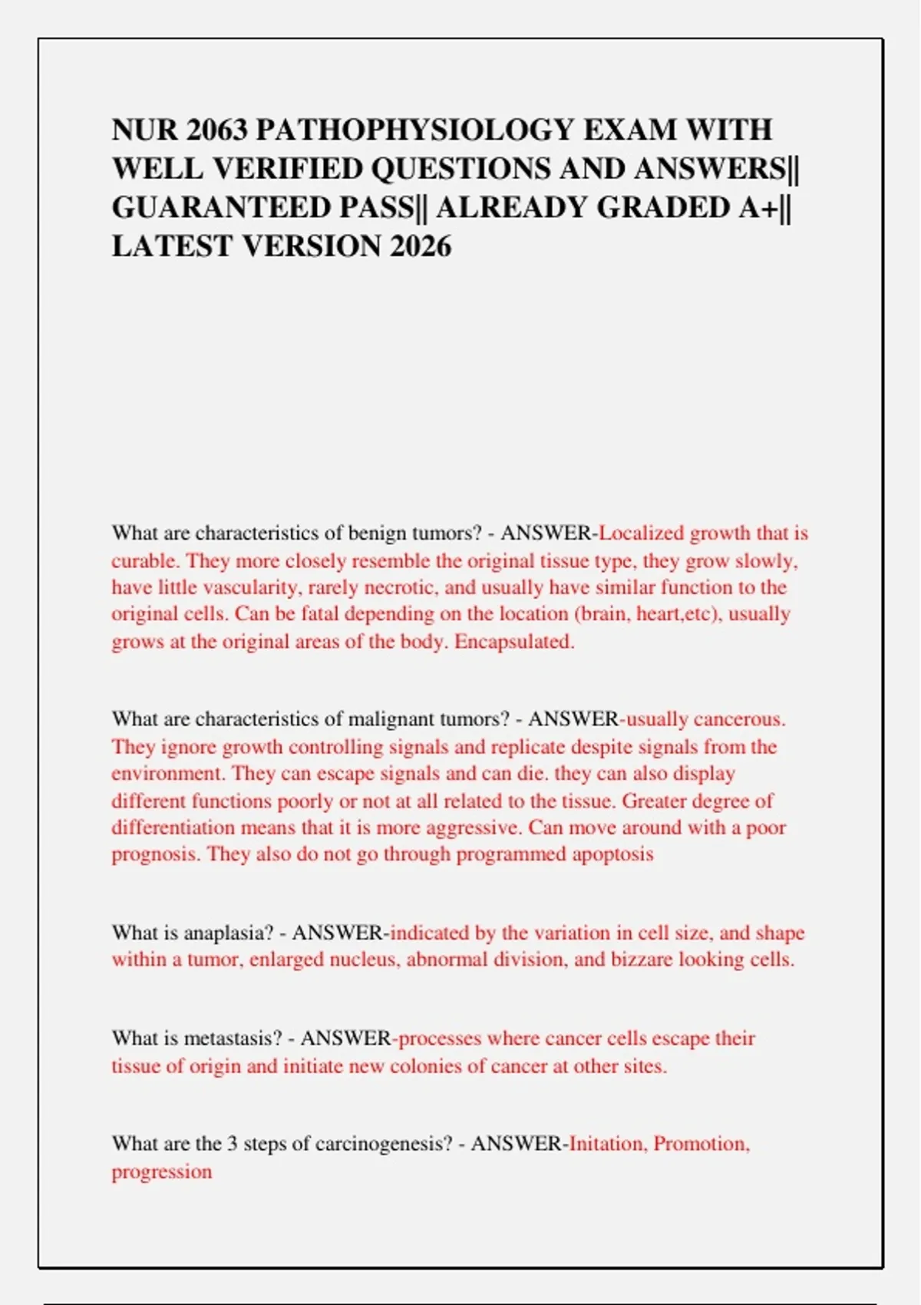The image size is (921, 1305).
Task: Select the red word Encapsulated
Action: pos(514,641)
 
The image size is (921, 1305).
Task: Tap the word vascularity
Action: pos(239,587)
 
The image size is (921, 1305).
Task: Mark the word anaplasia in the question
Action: pos(229,933)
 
